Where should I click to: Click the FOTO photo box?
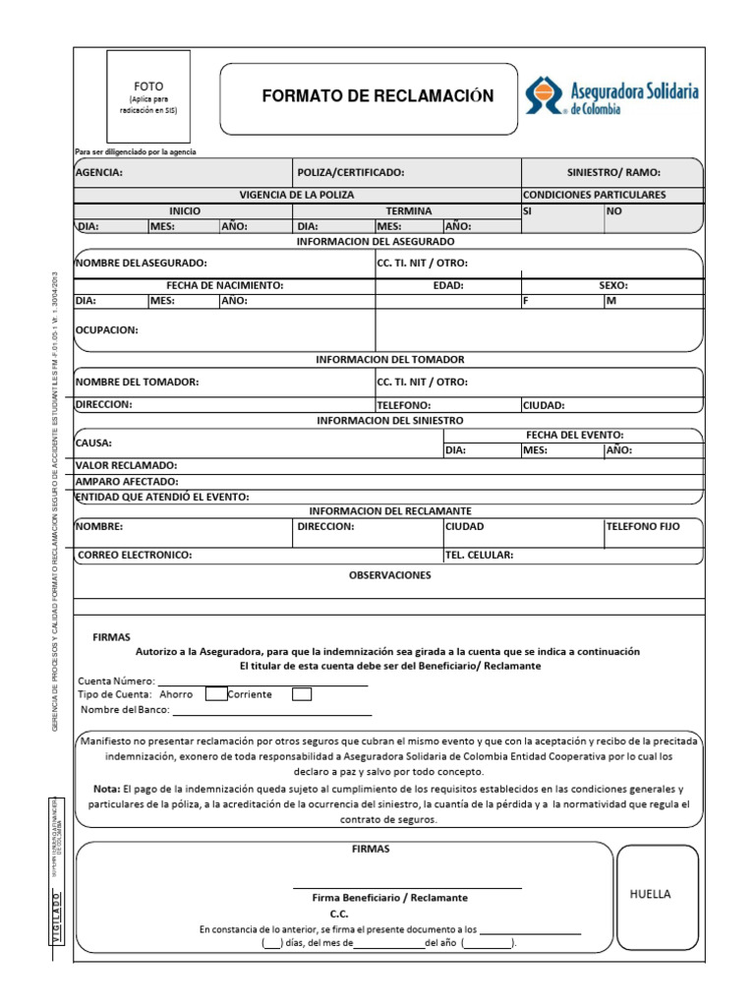[x=149, y=97]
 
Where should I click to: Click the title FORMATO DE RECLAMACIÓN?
[x=377, y=96]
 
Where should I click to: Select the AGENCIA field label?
[x=99, y=172]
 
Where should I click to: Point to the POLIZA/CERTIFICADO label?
[x=351, y=172]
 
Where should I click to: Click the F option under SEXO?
[x=561, y=301]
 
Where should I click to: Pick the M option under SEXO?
[x=653, y=301]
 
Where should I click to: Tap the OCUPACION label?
[x=107, y=330]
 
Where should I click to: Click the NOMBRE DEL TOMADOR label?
[x=138, y=382]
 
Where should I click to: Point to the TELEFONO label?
[x=404, y=404]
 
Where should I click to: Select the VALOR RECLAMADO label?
[x=126, y=464]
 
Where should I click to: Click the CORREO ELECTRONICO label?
[x=135, y=555]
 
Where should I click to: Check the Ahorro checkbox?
[x=215, y=694]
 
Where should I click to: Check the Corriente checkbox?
[x=303, y=694]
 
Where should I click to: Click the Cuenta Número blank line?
[x=263, y=680]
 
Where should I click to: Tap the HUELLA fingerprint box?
[x=657, y=895]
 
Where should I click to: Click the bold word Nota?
[x=106, y=789]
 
